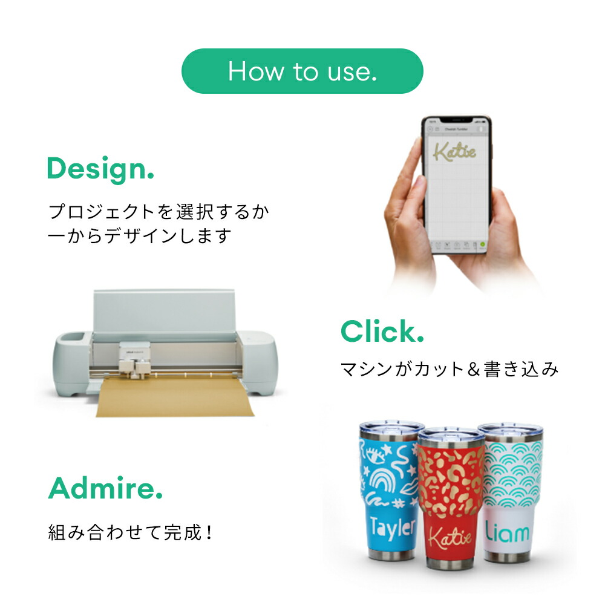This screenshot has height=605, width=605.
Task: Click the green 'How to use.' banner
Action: tap(302, 71)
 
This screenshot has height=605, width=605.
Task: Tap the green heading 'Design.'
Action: tap(100, 169)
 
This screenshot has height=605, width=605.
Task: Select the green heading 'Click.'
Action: tap(382, 332)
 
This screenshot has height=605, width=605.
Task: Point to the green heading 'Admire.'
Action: tap(105, 488)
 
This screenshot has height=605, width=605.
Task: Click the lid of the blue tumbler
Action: tap(390, 429)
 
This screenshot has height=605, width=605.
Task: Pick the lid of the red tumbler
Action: tap(451, 435)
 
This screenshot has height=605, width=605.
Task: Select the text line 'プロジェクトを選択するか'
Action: tap(159, 212)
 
